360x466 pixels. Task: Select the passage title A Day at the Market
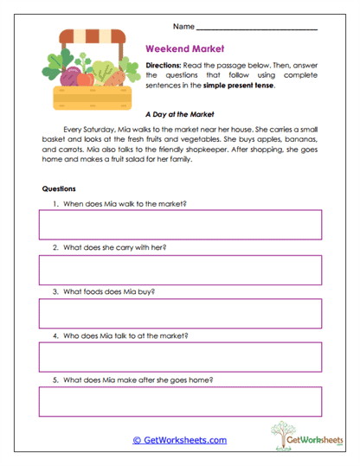pyautogui.click(x=179, y=113)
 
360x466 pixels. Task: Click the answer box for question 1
pyautogui.click(x=180, y=225)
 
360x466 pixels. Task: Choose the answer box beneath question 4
pyautogui.click(x=180, y=357)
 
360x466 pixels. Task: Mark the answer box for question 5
pyautogui.click(x=180, y=401)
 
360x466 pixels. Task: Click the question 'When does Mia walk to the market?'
pyautogui.click(x=125, y=204)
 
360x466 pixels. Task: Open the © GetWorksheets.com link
pyautogui.click(x=179, y=439)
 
